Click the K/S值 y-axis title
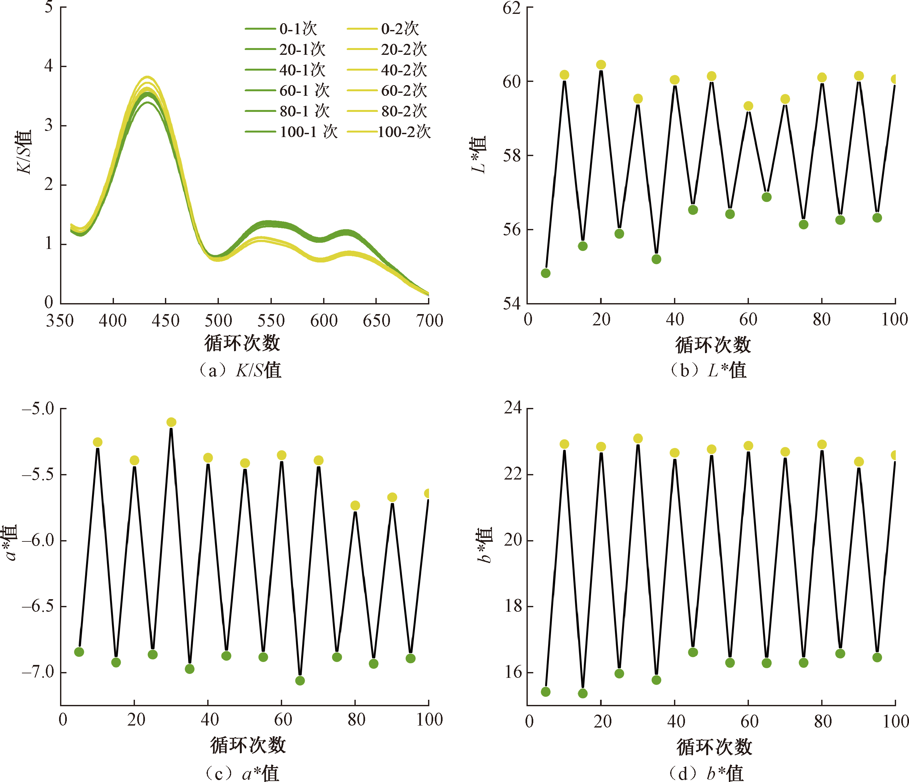25,151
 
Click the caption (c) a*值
241,773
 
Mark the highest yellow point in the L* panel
601,65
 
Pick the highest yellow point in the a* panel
171,422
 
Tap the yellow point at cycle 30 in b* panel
638,438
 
